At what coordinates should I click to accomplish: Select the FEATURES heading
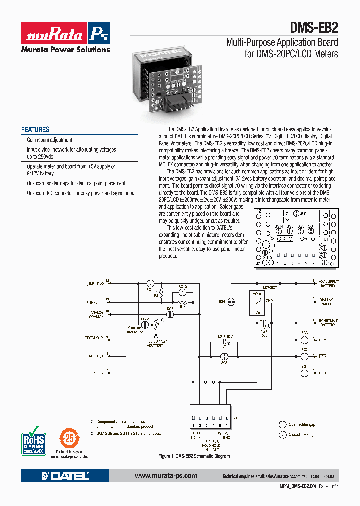click(35, 129)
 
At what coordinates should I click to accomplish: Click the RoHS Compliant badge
click(34, 439)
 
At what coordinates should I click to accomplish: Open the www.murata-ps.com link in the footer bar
click(166, 476)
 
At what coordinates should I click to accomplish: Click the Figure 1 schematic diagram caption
click(194, 456)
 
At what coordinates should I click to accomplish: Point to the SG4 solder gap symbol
click(231, 302)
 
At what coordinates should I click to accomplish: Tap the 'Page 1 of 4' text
click(328, 486)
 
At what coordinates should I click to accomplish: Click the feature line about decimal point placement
click(76, 183)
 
